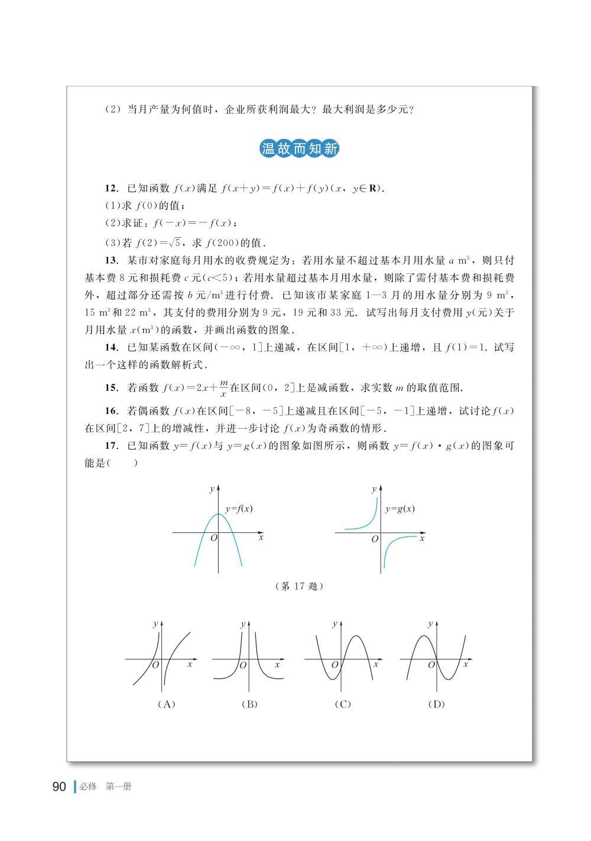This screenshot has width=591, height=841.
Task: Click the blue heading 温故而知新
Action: pyautogui.click(x=300, y=148)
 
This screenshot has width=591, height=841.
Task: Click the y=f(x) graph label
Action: pyautogui.click(x=239, y=509)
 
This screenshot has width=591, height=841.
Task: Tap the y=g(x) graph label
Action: pyautogui.click(x=400, y=509)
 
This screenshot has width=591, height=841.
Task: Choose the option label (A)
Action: pyautogui.click(x=167, y=704)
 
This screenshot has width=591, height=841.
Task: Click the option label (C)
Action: pyautogui.click(x=342, y=704)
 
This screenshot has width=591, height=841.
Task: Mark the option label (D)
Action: pyautogui.click(x=436, y=704)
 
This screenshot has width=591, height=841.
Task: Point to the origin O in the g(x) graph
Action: pyautogui.click(x=375, y=539)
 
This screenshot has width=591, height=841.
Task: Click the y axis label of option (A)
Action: pyautogui.click(x=155, y=624)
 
